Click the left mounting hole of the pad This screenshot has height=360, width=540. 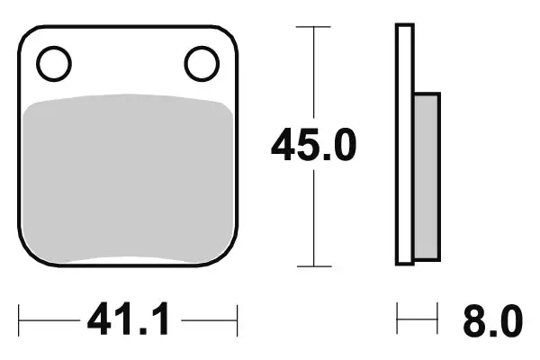[53, 63]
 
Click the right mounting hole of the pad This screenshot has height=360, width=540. [201, 63]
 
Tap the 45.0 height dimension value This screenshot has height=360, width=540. [314, 146]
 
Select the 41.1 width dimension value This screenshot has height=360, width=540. [126, 319]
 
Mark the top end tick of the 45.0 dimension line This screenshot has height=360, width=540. [312, 28]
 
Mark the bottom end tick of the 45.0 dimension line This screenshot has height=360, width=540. [312, 266]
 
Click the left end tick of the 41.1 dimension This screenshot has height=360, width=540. [20, 319]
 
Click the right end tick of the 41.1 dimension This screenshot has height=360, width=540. [236, 319]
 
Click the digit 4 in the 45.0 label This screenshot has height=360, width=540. [285, 146]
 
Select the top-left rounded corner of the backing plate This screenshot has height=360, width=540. [27, 34]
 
